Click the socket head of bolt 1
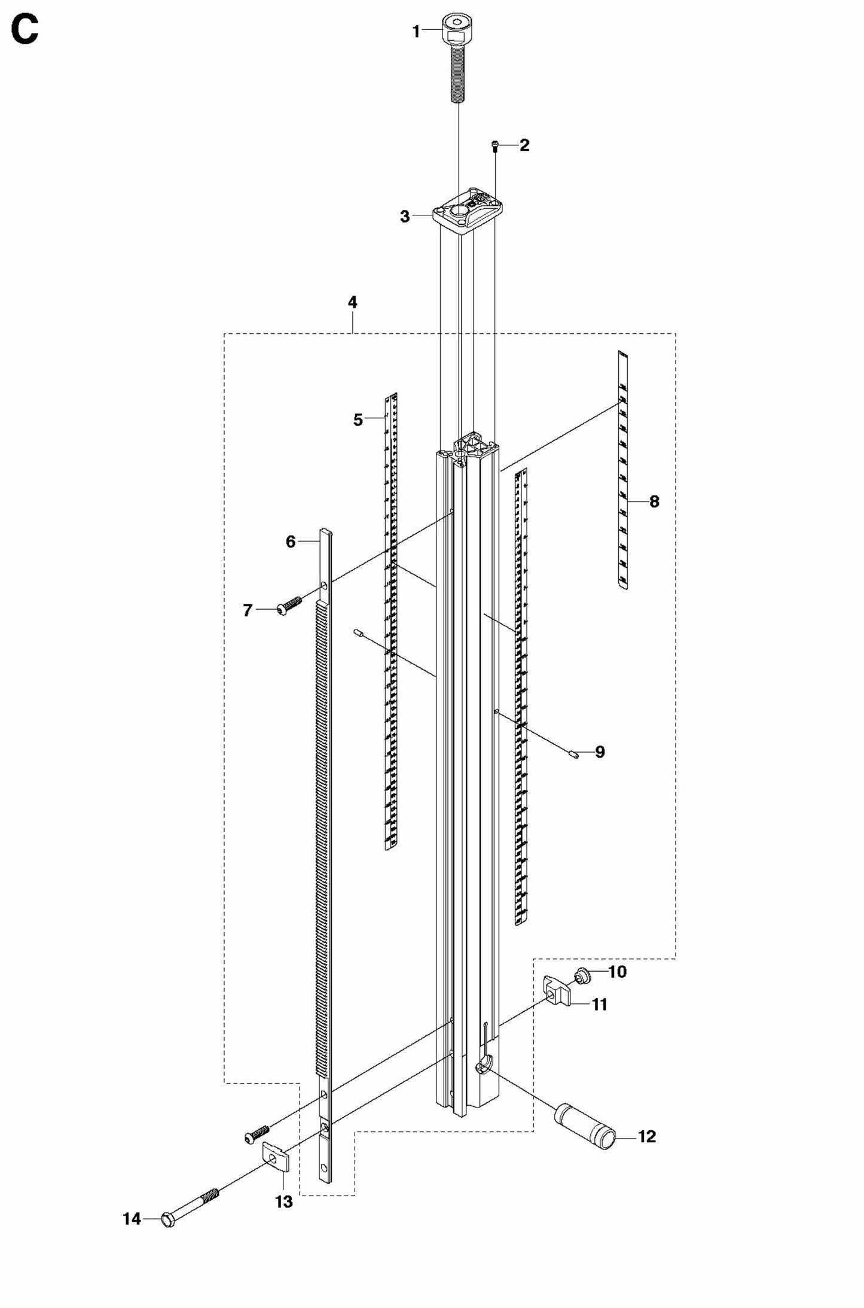coord(457,30)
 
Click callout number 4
coord(353,302)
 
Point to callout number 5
coord(358,420)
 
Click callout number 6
coord(291,542)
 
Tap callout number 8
coord(654,501)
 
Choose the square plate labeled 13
coord(276,1160)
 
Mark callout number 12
coord(647,1136)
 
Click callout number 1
coord(417,32)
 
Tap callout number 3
coord(405,217)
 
